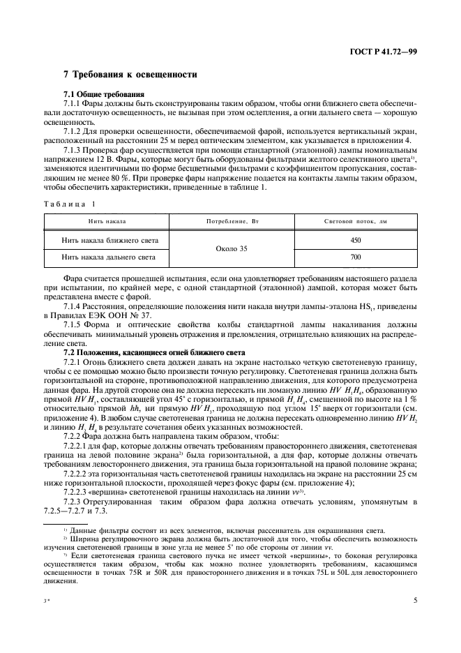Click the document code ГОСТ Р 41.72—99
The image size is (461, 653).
pos(388,52)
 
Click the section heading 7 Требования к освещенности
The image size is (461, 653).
pos(130,74)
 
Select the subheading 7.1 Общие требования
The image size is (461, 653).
pos(104,93)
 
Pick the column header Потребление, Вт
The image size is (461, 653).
pos(231,221)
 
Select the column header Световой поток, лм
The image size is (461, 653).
pos(356,221)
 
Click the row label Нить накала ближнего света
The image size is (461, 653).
pos(110,241)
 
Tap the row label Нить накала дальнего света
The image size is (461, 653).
pos(109,257)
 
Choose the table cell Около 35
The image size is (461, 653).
pos(230,249)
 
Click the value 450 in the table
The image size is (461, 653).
pos(356,241)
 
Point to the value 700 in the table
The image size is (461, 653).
pos(356,257)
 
